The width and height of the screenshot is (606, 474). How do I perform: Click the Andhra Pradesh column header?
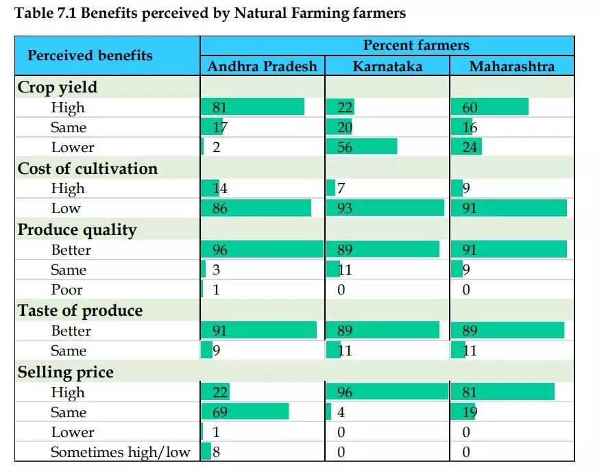pyautogui.click(x=263, y=66)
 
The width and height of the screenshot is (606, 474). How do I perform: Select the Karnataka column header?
pyautogui.click(x=387, y=66)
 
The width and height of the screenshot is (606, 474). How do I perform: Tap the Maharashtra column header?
pyautogui.click(x=511, y=66)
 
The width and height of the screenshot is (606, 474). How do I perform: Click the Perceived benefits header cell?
pyautogui.click(x=90, y=55)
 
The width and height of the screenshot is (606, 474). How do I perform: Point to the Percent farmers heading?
pyautogui.click(x=416, y=46)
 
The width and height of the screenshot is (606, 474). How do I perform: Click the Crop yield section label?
pyautogui.click(x=58, y=88)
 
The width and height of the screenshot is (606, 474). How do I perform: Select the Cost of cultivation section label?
pyautogui.click(x=88, y=169)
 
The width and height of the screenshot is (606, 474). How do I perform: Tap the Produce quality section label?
pyautogui.click(x=77, y=230)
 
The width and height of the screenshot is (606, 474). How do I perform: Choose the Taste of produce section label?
pyautogui.click(x=80, y=311)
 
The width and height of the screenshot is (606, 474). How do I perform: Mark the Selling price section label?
pyautogui.click(x=66, y=373)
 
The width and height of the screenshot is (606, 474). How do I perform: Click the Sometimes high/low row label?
pyautogui.click(x=121, y=452)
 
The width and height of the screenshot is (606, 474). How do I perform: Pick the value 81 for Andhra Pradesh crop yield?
pyautogui.click(x=219, y=108)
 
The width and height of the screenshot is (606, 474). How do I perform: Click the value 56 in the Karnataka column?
pyautogui.click(x=345, y=147)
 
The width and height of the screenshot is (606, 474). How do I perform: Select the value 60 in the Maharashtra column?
pyautogui.click(x=470, y=108)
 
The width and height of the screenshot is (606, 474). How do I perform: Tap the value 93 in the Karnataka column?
pyautogui.click(x=345, y=208)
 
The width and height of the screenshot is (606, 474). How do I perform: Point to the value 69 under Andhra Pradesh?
pyautogui.click(x=219, y=412)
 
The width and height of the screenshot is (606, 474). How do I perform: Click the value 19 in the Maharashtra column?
pyautogui.click(x=470, y=412)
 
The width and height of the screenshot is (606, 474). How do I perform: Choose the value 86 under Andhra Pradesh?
pyautogui.click(x=219, y=208)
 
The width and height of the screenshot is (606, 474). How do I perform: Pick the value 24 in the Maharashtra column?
pyautogui.click(x=470, y=147)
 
